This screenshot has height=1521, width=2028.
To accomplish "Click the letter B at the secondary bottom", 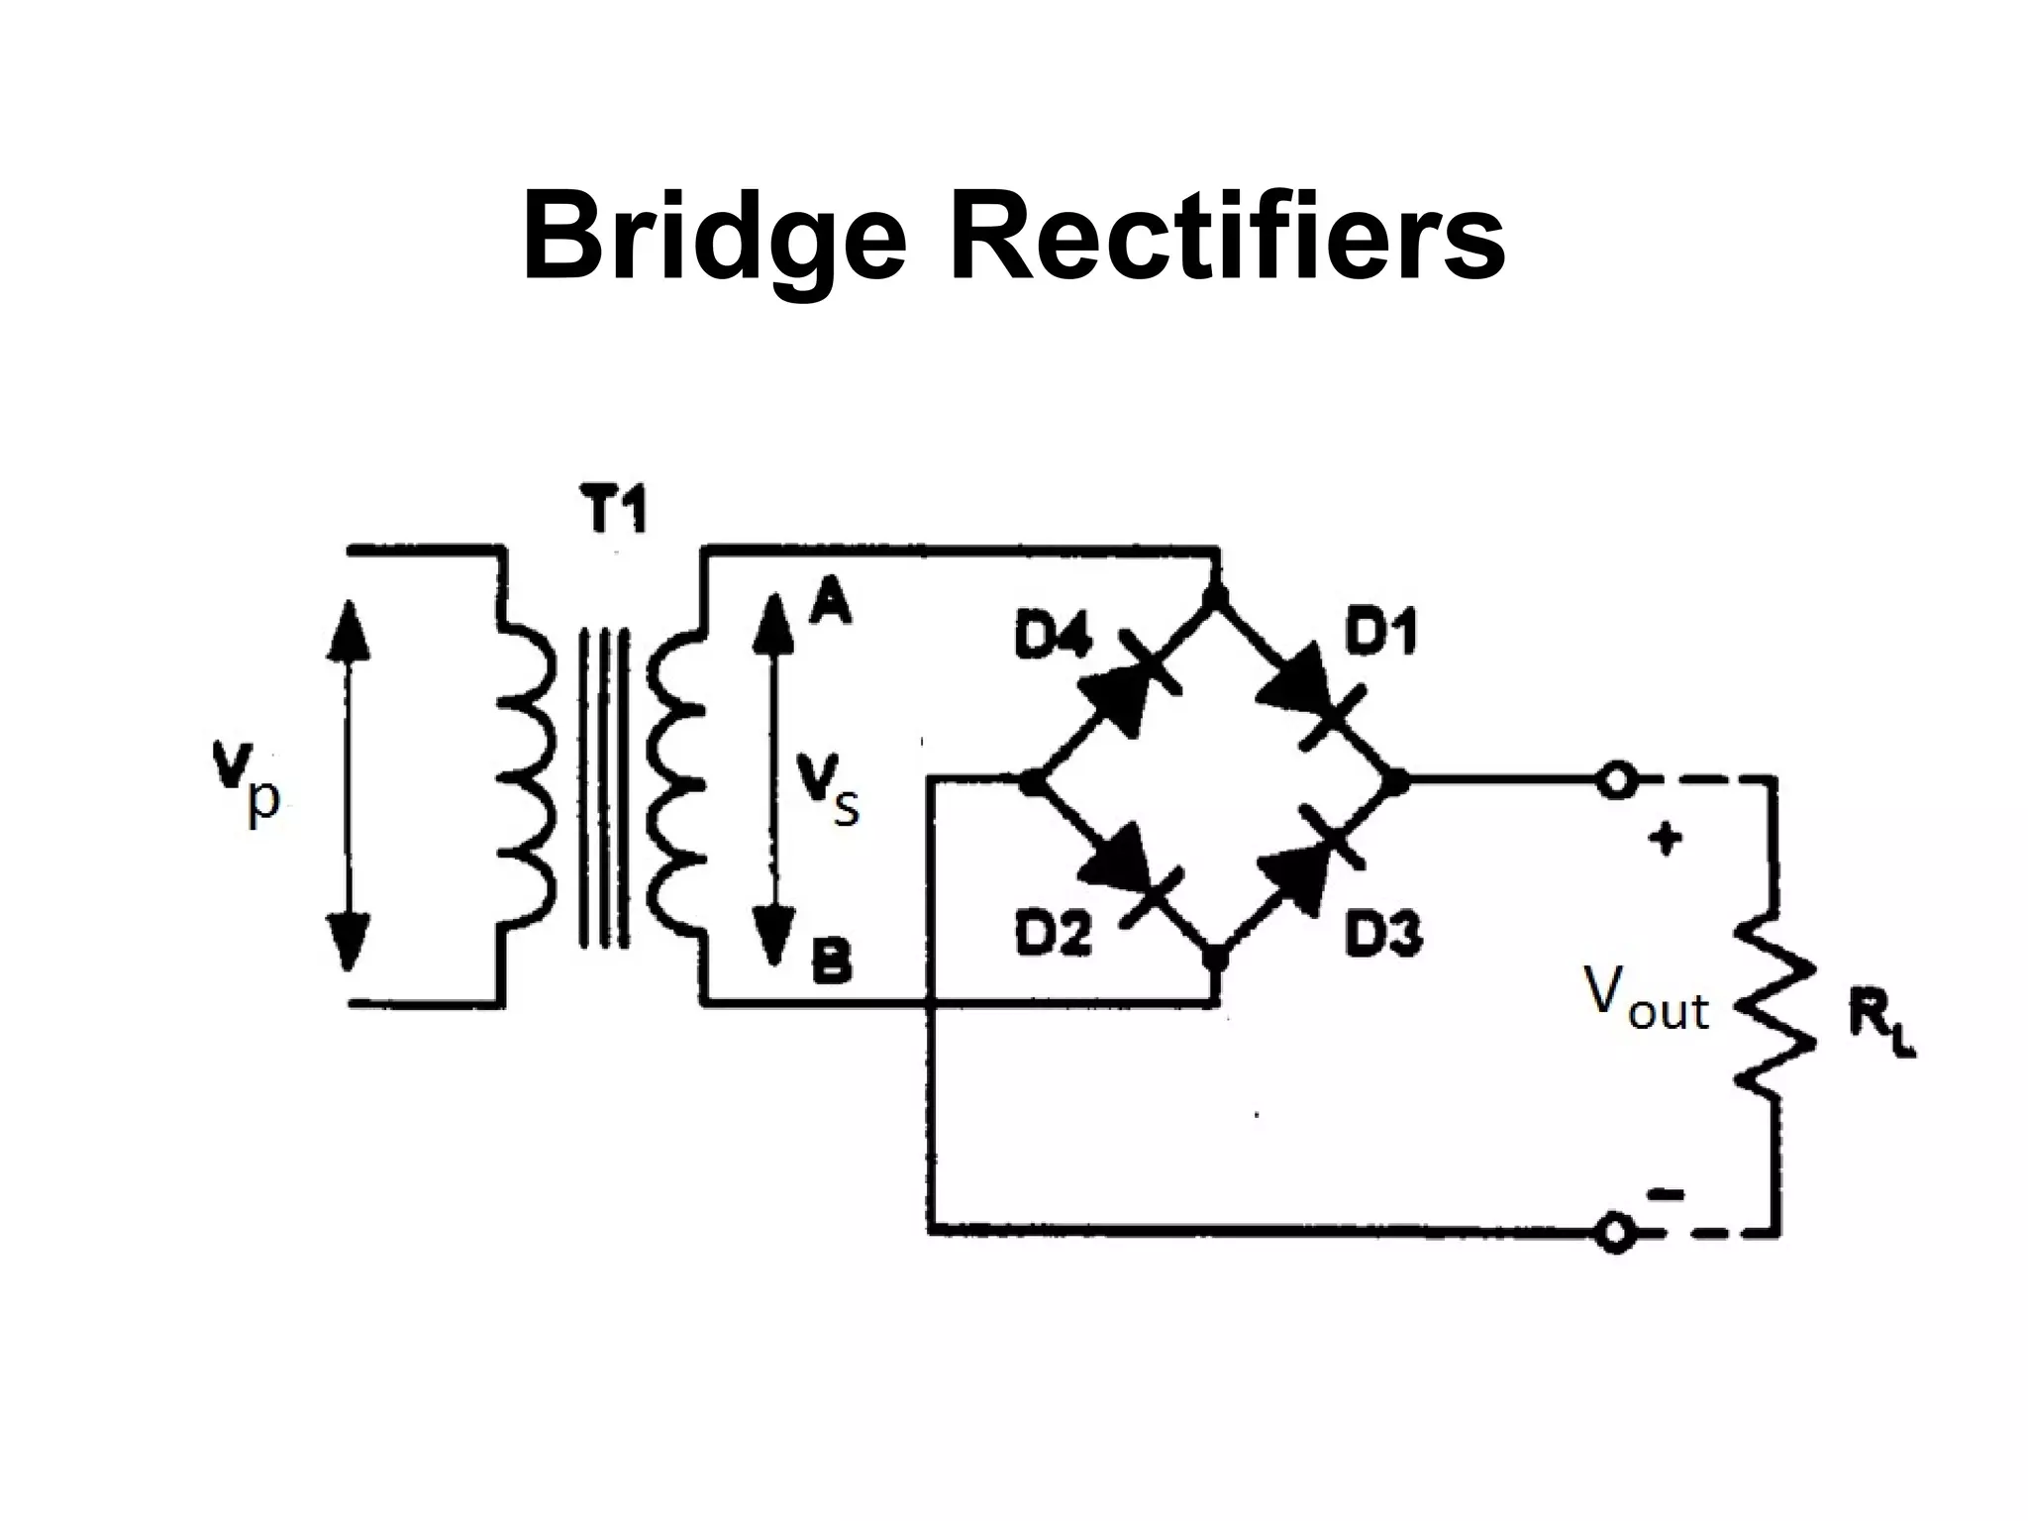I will coord(831,962).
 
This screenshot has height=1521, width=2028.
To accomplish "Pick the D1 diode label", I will coord(1380,632).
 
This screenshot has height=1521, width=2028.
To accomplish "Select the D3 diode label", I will coord(1382,933).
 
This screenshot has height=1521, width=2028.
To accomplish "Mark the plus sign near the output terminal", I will coord(1666,839).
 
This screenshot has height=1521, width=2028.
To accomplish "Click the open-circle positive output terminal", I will coord(1615,781).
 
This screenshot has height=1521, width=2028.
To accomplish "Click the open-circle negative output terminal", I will coord(1615,1233).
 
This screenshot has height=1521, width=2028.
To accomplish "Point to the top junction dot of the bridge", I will coord(1216,597).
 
